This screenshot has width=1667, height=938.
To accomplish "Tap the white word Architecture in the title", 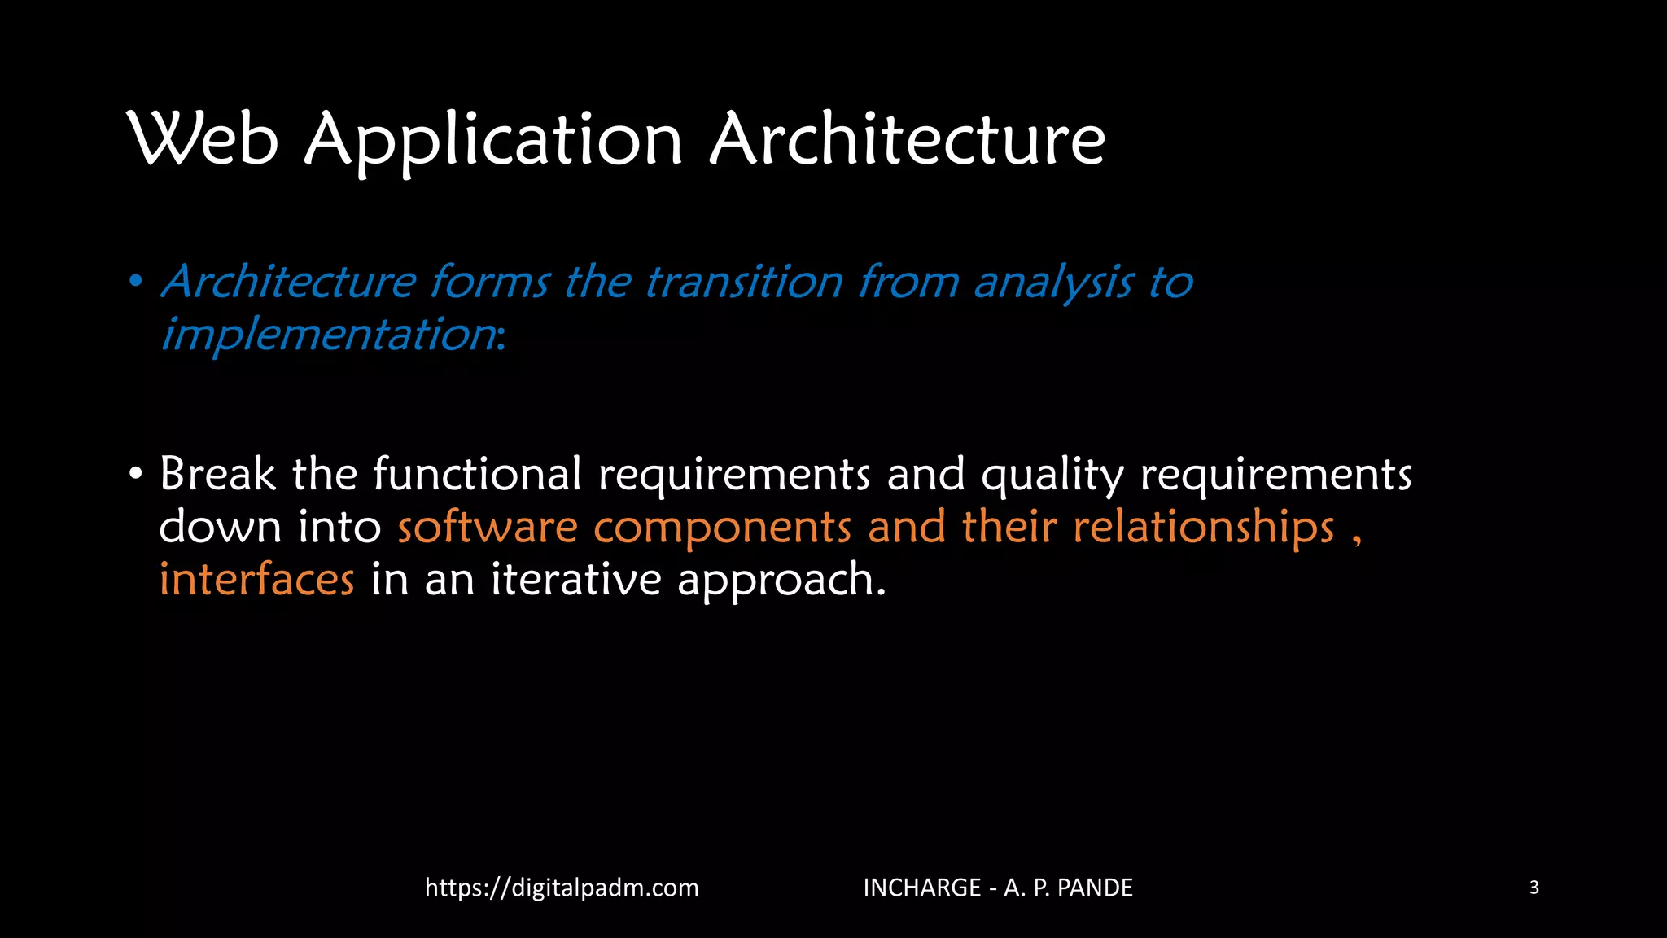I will (x=908, y=139).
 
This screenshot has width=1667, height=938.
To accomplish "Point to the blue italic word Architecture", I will (x=289, y=283).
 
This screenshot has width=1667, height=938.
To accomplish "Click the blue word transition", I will (x=744, y=283).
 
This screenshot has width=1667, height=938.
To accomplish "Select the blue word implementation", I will (x=329, y=335).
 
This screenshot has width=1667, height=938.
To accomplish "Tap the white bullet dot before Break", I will (x=136, y=474).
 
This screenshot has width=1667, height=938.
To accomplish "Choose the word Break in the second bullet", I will (x=217, y=474).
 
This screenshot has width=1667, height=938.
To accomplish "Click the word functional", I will (x=477, y=474).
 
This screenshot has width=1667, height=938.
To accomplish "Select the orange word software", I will (x=488, y=527).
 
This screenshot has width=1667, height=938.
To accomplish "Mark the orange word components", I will (x=723, y=528).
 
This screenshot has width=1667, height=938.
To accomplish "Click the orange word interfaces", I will (x=256, y=580).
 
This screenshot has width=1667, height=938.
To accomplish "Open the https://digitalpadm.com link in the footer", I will (x=562, y=888).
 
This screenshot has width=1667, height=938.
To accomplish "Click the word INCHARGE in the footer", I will (x=921, y=888).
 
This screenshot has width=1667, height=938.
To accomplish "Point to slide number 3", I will (x=1534, y=888).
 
